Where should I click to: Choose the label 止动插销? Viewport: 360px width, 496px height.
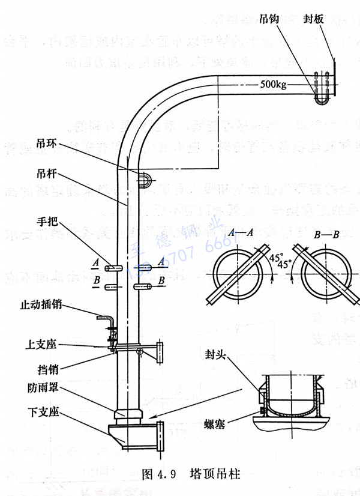point(41,305)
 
